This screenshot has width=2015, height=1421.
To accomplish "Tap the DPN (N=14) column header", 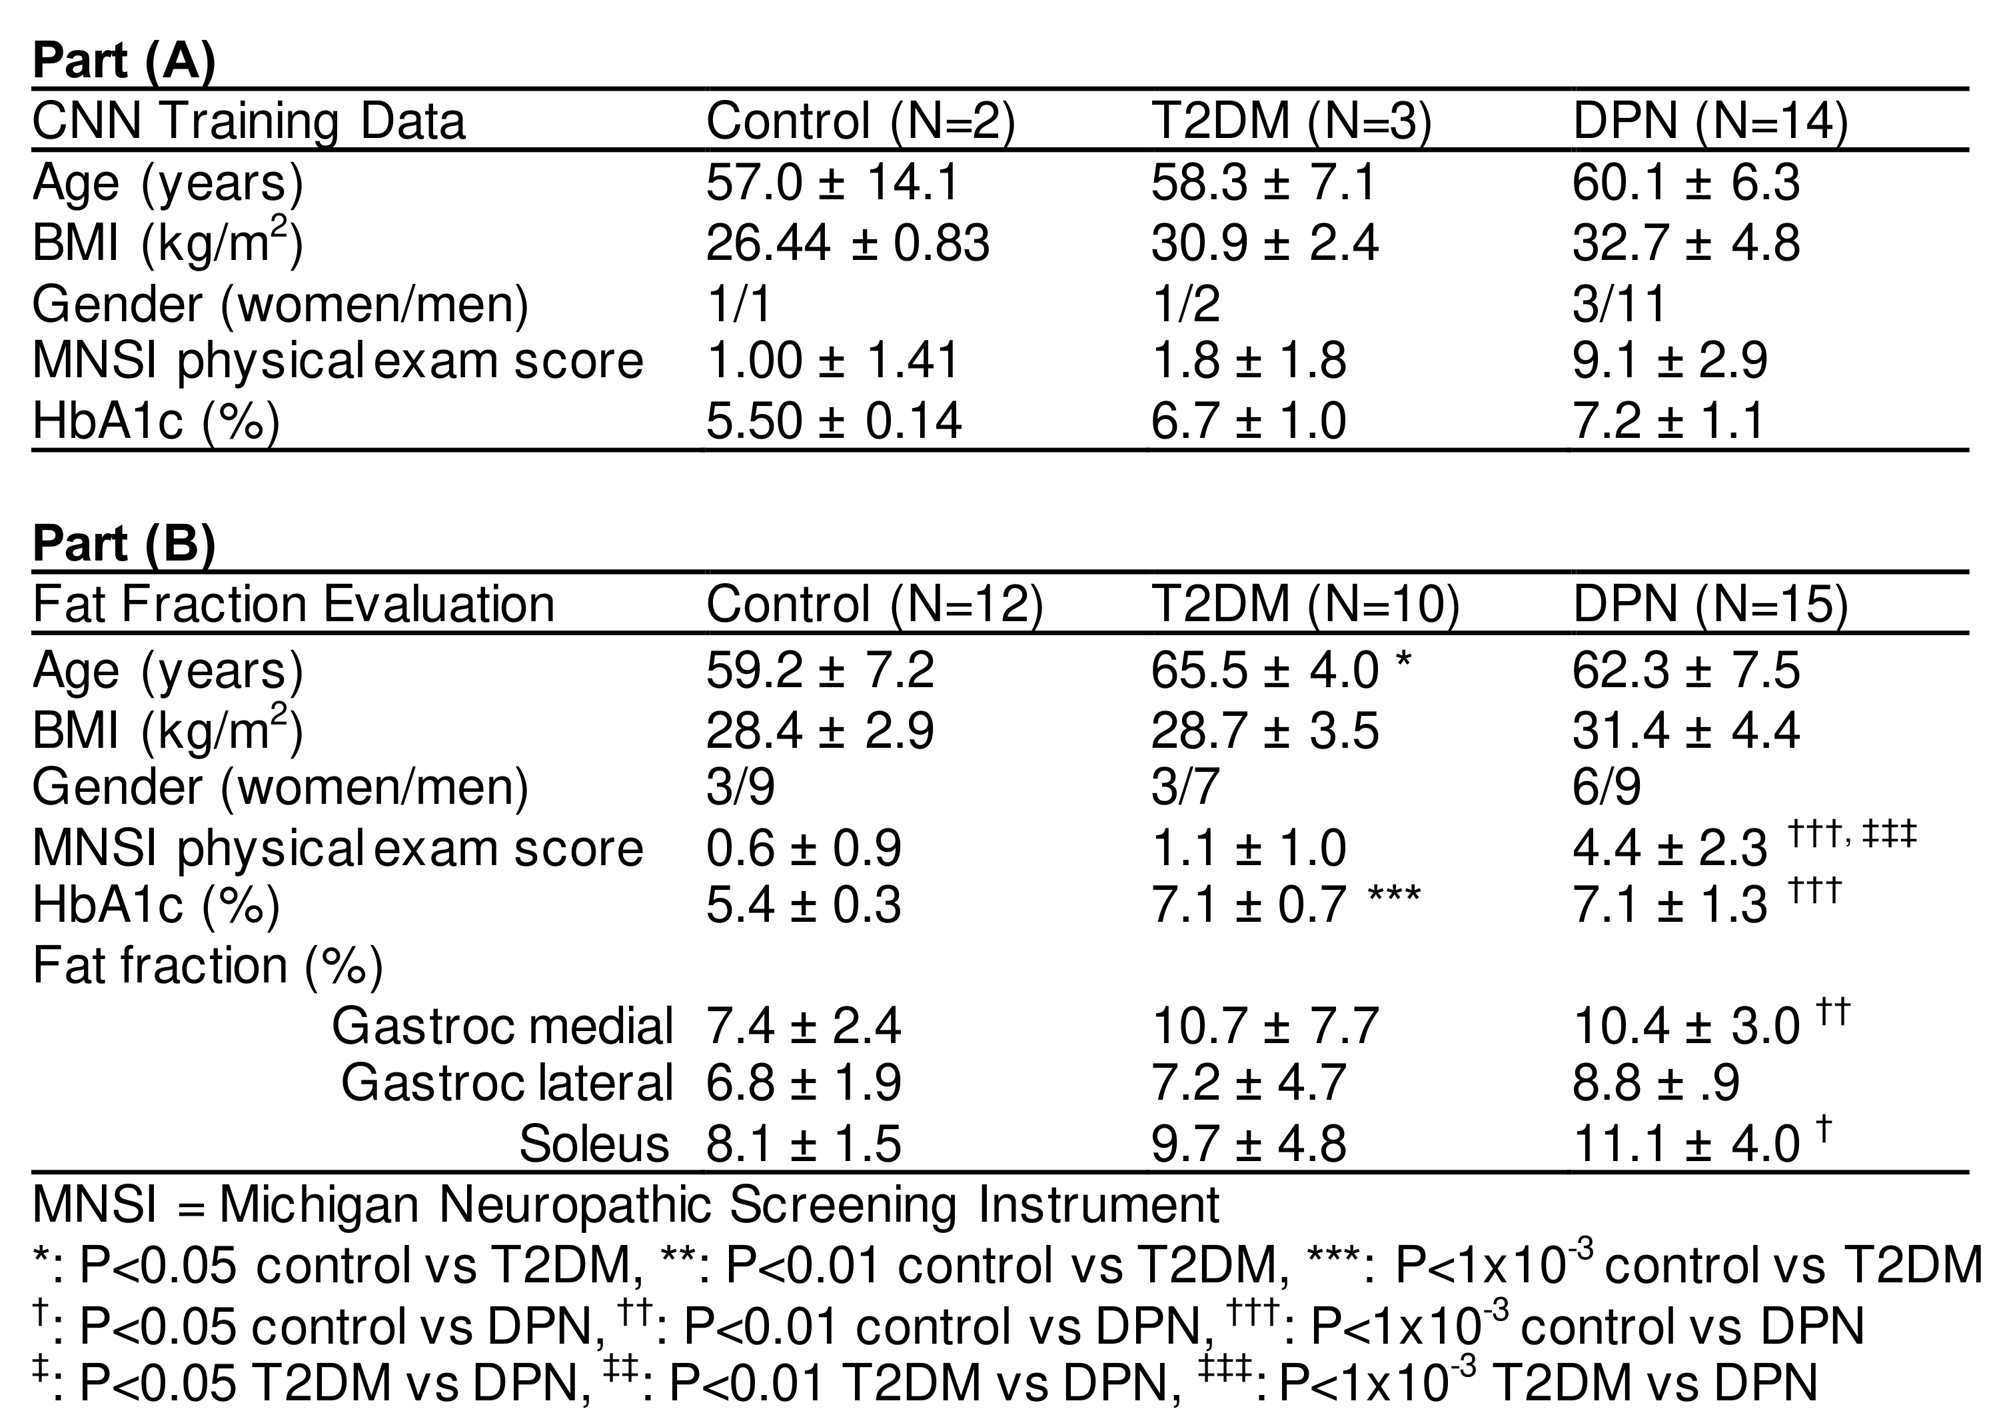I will pyautogui.click(x=1710, y=121).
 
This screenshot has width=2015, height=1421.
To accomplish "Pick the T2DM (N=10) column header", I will pyautogui.click(x=1305, y=605).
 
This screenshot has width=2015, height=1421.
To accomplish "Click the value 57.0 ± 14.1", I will pyautogui.click(x=833, y=183).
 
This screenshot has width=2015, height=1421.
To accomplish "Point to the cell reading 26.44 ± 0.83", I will pyautogui.click(x=848, y=243).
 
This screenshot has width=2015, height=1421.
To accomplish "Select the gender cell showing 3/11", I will pyautogui.click(x=1619, y=304).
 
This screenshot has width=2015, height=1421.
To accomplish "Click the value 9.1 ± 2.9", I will pyautogui.click(x=1669, y=361).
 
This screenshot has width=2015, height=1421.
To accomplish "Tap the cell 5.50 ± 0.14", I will pyautogui.click(x=834, y=421).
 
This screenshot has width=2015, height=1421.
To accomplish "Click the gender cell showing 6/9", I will pyautogui.click(x=1606, y=786).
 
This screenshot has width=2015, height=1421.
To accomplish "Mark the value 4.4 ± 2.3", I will pyautogui.click(x=1669, y=848).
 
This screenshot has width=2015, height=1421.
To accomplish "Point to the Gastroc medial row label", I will pyautogui.click(x=502, y=1025).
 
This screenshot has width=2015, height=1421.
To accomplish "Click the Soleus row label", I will pyautogui.click(x=594, y=1144).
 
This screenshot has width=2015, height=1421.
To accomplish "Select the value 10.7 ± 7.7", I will pyautogui.click(x=1265, y=1025).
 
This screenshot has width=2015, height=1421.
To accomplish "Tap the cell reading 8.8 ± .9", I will pyautogui.click(x=1655, y=1083).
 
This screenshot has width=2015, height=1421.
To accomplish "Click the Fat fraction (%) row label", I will pyautogui.click(x=208, y=966).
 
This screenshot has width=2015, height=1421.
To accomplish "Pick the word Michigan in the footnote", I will pyautogui.click(x=319, y=1205).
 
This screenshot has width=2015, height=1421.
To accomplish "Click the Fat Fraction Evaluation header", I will pyautogui.click(x=293, y=605).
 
